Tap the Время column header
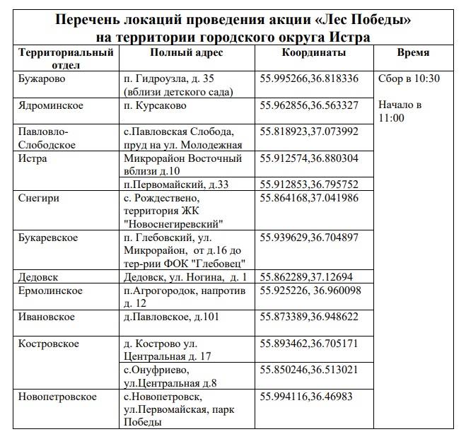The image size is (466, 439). [x=413, y=53]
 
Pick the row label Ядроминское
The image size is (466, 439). [x=51, y=105]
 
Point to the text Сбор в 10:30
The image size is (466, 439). [x=409, y=78]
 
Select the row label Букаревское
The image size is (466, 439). [x=48, y=237]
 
